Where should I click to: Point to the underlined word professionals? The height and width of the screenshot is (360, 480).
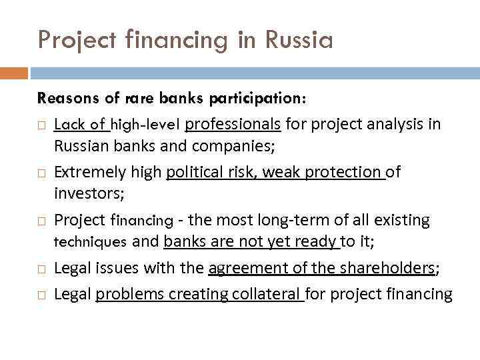click(233, 124)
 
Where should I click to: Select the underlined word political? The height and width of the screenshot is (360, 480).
click(193, 172)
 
